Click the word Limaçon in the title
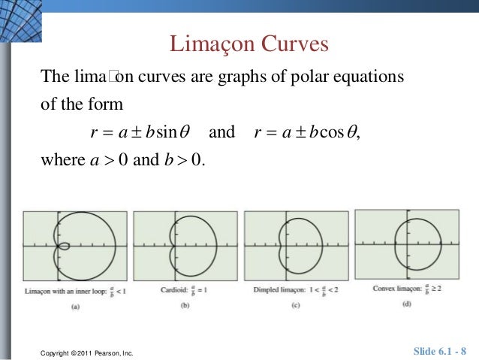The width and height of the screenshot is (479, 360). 212,44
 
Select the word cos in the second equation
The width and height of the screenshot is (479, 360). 331,133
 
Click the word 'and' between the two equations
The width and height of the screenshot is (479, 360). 221,133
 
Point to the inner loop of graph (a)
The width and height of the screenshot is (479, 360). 65,246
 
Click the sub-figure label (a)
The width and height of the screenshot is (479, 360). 75,306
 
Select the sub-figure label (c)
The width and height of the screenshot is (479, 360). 297,304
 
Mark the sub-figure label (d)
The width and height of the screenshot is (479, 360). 406,303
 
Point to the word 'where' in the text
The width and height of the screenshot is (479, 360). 58,161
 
